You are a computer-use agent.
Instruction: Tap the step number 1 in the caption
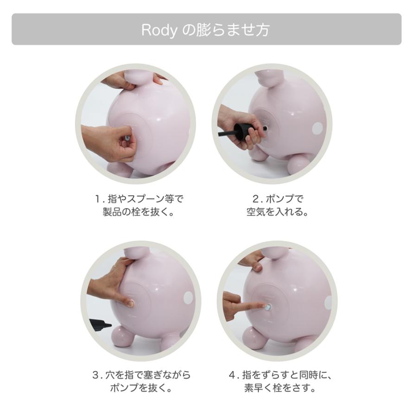97,200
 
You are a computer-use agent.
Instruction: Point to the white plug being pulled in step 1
126,137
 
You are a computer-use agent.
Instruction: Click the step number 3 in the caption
95,374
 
